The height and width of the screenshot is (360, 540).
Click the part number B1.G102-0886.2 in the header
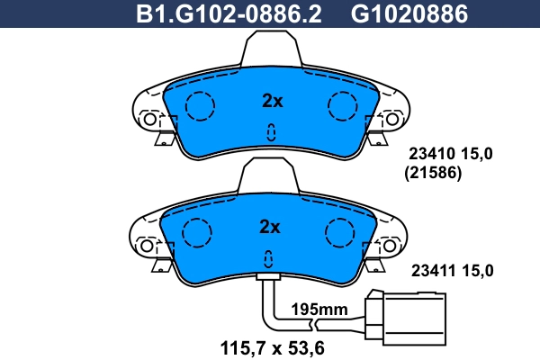click(228, 13)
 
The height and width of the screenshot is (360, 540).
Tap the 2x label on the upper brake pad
click(271, 101)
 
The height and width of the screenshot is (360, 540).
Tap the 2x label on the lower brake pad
click(271, 225)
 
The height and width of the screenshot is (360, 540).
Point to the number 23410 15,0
click(452, 156)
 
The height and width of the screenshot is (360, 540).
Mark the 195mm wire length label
click(319, 310)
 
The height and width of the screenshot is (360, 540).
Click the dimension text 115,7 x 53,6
click(272, 346)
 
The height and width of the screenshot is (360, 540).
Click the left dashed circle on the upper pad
click(200, 107)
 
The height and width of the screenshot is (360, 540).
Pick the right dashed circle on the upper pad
click(343, 107)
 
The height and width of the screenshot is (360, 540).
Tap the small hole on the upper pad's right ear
click(391, 118)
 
